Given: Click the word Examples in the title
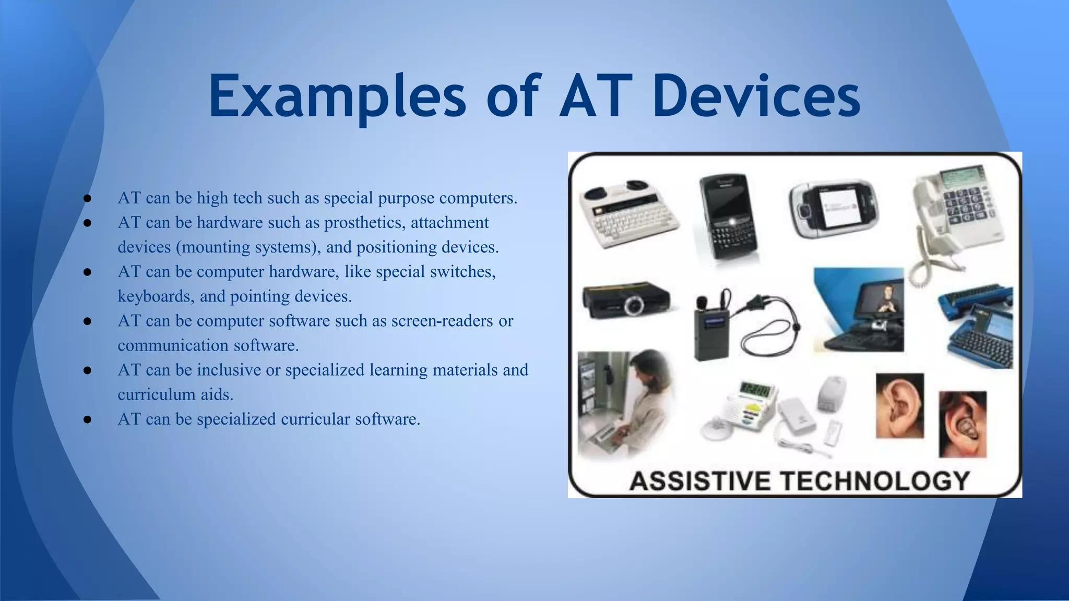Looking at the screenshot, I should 337,97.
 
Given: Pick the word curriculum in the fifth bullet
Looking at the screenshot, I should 150,394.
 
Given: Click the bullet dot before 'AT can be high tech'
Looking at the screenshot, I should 87,199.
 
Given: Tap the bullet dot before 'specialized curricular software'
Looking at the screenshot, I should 87,419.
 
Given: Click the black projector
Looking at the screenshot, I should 626,300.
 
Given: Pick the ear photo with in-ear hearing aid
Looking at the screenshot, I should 963,424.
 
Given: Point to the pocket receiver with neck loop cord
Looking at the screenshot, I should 712,329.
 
